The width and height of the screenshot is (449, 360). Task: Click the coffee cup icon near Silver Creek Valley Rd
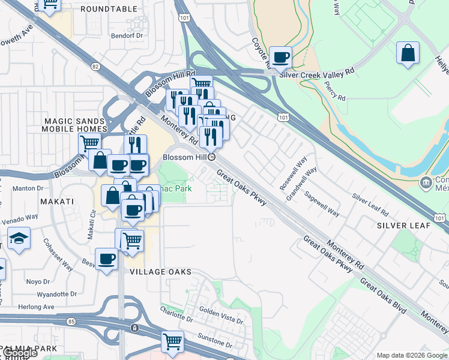point(280,58)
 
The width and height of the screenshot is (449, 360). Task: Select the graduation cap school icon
point(19,238)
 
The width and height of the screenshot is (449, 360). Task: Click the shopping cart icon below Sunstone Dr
point(172,341)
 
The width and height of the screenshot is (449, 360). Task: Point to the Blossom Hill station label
point(186,157)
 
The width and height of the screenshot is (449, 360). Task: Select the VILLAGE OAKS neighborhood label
point(161,272)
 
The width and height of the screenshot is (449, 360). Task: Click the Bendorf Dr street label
point(129,35)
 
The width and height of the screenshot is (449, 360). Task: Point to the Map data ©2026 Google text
point(411,355)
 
